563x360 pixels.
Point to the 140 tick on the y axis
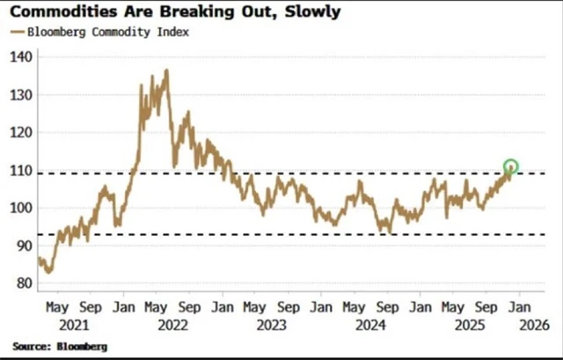pos(21,56)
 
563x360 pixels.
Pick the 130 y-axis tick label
pos(21,94)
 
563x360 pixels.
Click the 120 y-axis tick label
pos(21,132)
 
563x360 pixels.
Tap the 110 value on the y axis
pos(21,170)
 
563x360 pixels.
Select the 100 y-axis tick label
pos(21,208)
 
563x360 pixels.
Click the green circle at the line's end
pos(510,166)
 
